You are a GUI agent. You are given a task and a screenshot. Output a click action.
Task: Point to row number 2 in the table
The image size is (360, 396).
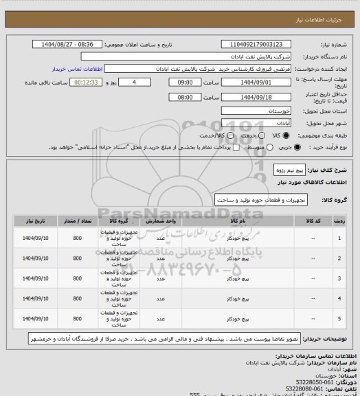[x=340, y=258]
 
